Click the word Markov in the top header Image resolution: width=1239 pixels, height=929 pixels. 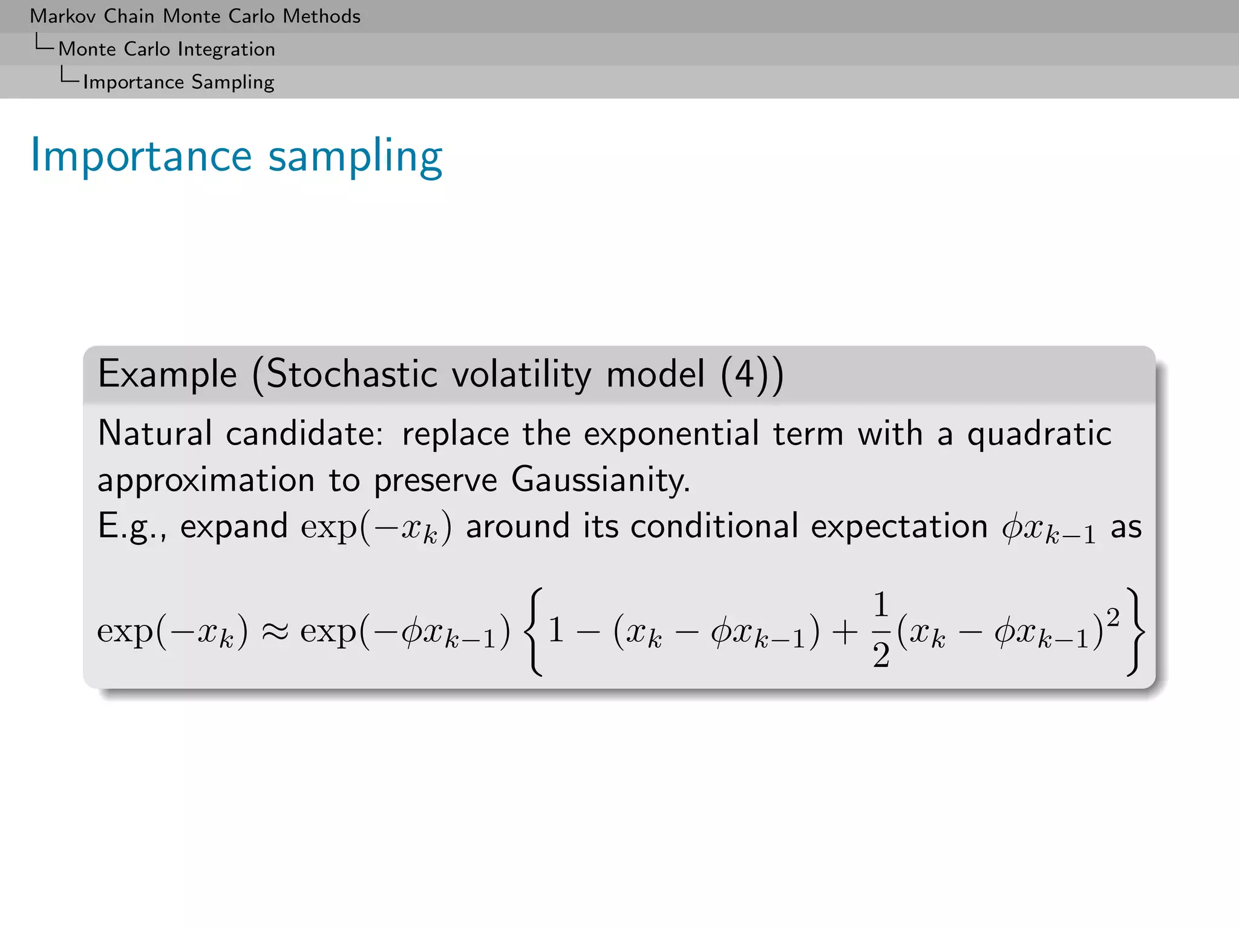pos(64,16)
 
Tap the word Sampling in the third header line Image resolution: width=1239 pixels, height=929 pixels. pos(232,82)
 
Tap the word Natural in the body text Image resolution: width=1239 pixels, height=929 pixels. pos(155,433)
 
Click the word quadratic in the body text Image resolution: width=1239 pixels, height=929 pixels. pos(1039,434)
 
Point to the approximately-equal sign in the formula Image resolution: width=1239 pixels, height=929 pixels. pos(274,632)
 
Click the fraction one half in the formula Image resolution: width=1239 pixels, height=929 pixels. pos(881,630)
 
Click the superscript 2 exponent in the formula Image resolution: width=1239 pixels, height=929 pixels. pos(1113,617)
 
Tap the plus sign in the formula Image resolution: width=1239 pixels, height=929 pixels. pos(845,632)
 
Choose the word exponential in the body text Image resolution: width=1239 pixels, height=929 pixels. pos(671,433)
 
